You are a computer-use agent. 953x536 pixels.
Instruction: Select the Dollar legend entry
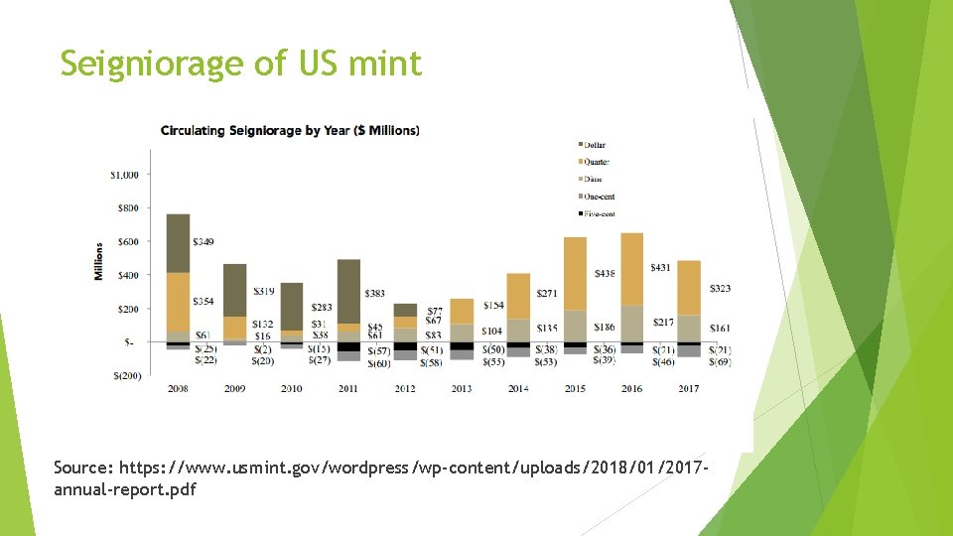[x=596, y=145]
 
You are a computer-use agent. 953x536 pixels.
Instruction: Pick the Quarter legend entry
[x=597, y=162]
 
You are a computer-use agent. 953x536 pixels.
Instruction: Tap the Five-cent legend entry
[x=600, y=213]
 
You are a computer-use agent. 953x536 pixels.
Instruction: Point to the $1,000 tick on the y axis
[x=124, y=175]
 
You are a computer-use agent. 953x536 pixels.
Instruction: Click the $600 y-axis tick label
[x=127, y=241]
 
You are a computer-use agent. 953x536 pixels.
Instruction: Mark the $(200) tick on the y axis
[x=126, y=375]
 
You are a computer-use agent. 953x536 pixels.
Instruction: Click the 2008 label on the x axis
[x=179, y=388]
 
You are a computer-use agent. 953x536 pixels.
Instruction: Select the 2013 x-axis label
[x=462, y=388]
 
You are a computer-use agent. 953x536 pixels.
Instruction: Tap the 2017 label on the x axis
[x=689, y=388]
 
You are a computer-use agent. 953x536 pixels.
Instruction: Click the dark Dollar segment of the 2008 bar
[x=179, y=243]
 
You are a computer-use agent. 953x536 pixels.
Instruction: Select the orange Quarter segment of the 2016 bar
[x=632, y=268]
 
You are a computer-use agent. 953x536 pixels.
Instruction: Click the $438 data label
[x=605, y=273]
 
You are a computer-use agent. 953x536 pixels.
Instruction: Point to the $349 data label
[x=203, y=242]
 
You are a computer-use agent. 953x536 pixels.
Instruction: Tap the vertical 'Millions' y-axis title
[x=99, y=261]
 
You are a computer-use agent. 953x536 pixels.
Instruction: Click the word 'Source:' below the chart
[x=82, y=467]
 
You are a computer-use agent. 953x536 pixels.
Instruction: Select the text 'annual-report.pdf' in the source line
[x=125, y=490]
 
